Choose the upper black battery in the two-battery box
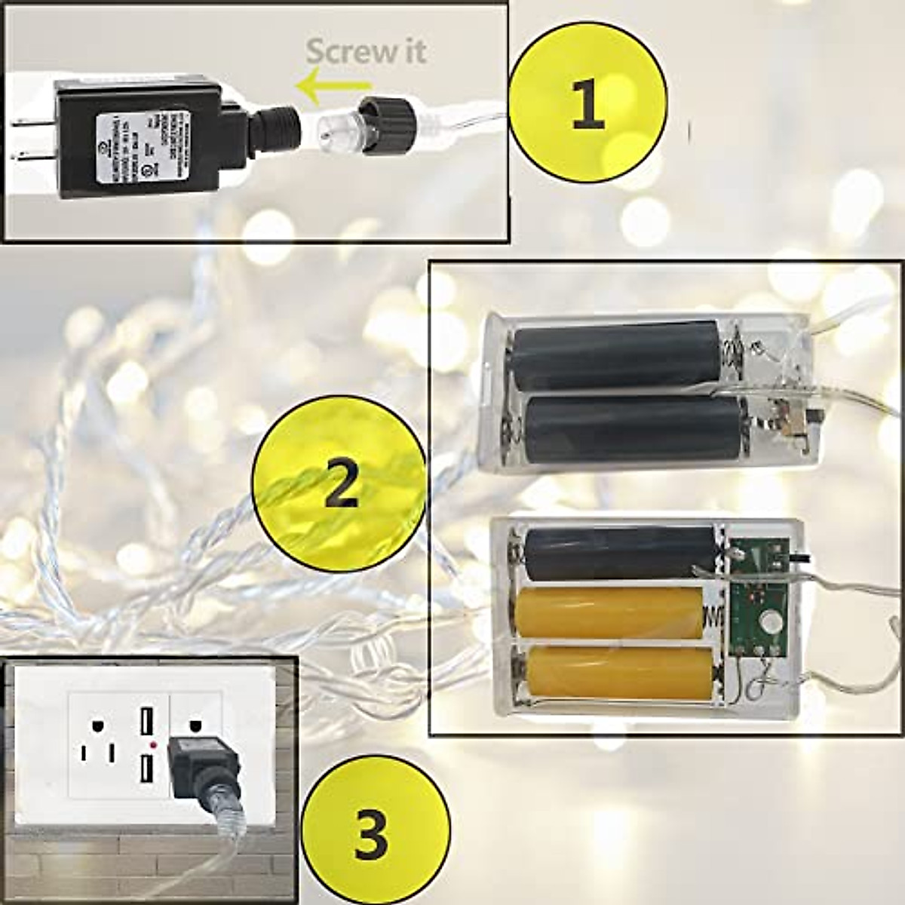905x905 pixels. coord(616,356)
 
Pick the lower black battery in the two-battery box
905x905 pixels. coord(632,429)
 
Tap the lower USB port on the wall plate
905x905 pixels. coord(143,771)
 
